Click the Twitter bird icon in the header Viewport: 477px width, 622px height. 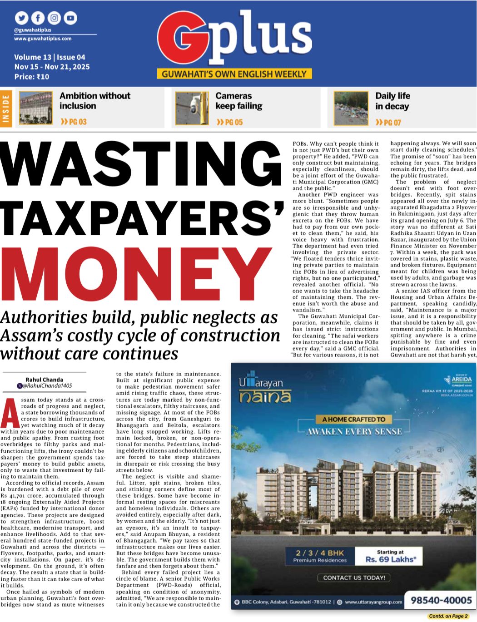click(21, 18)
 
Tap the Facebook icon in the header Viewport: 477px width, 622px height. click(38, 18)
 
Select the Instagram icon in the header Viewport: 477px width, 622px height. click(54, 18)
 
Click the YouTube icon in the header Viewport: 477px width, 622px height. click(70, 18)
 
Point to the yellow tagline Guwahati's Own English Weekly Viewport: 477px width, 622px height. click(234, 74)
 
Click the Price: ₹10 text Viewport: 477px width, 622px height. click(32, 77)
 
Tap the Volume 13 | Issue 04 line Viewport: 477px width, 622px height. click(50, 57)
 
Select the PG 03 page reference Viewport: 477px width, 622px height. click(74, 122)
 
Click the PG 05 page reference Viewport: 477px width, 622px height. click(230, 122)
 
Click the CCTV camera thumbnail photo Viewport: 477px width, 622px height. click(192, 109)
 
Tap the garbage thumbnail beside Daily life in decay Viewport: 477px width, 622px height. click(350, 108)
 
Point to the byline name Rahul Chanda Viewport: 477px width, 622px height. click(45, 380)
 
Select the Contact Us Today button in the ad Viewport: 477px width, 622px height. click(354, 578)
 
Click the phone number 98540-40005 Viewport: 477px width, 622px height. click(441, 601)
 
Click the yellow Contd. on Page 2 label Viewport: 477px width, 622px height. click(448, 616)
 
